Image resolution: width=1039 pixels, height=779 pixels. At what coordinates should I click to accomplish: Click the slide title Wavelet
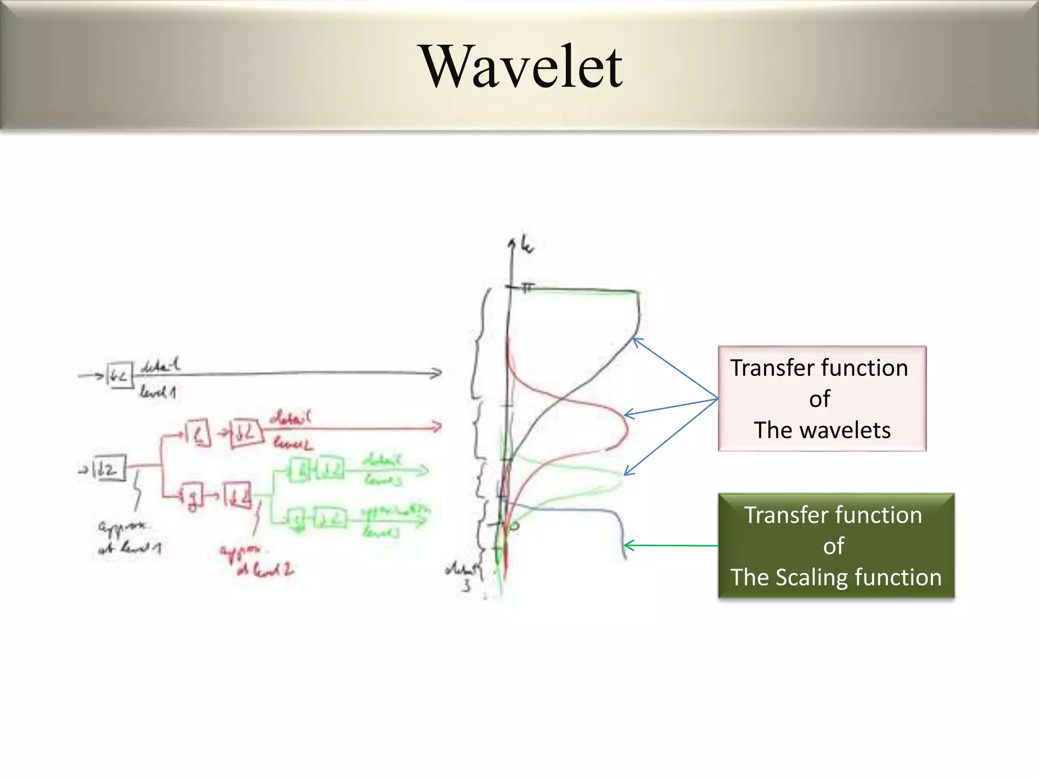coord(523,67)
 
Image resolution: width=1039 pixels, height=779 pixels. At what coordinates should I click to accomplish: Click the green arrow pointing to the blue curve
coord(670,546)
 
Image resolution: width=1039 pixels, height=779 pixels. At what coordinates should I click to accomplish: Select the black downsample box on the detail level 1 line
coord(120,376)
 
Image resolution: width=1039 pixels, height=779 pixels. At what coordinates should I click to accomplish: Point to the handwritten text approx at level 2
coord(256,560)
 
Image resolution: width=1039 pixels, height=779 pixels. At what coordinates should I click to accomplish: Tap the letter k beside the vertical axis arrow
coord(528,246)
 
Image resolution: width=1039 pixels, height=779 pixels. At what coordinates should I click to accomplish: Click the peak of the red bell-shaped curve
coord(627,429)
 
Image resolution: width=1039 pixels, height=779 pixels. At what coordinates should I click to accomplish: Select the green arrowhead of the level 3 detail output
coord(424,471)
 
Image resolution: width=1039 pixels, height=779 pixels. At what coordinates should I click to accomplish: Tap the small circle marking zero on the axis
coord(514,526)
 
